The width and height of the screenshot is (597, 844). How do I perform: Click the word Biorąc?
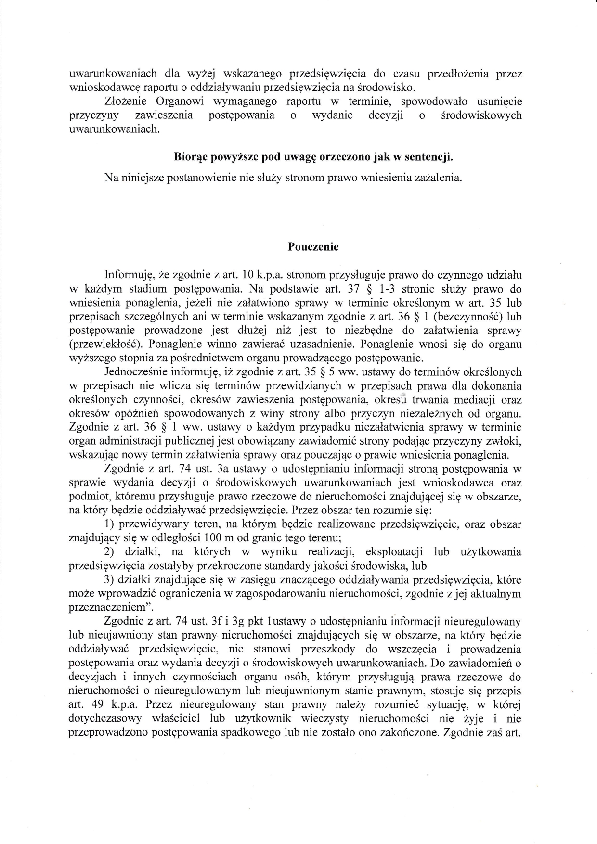tap(189, 157)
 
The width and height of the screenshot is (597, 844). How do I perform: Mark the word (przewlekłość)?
tap(101, 345)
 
